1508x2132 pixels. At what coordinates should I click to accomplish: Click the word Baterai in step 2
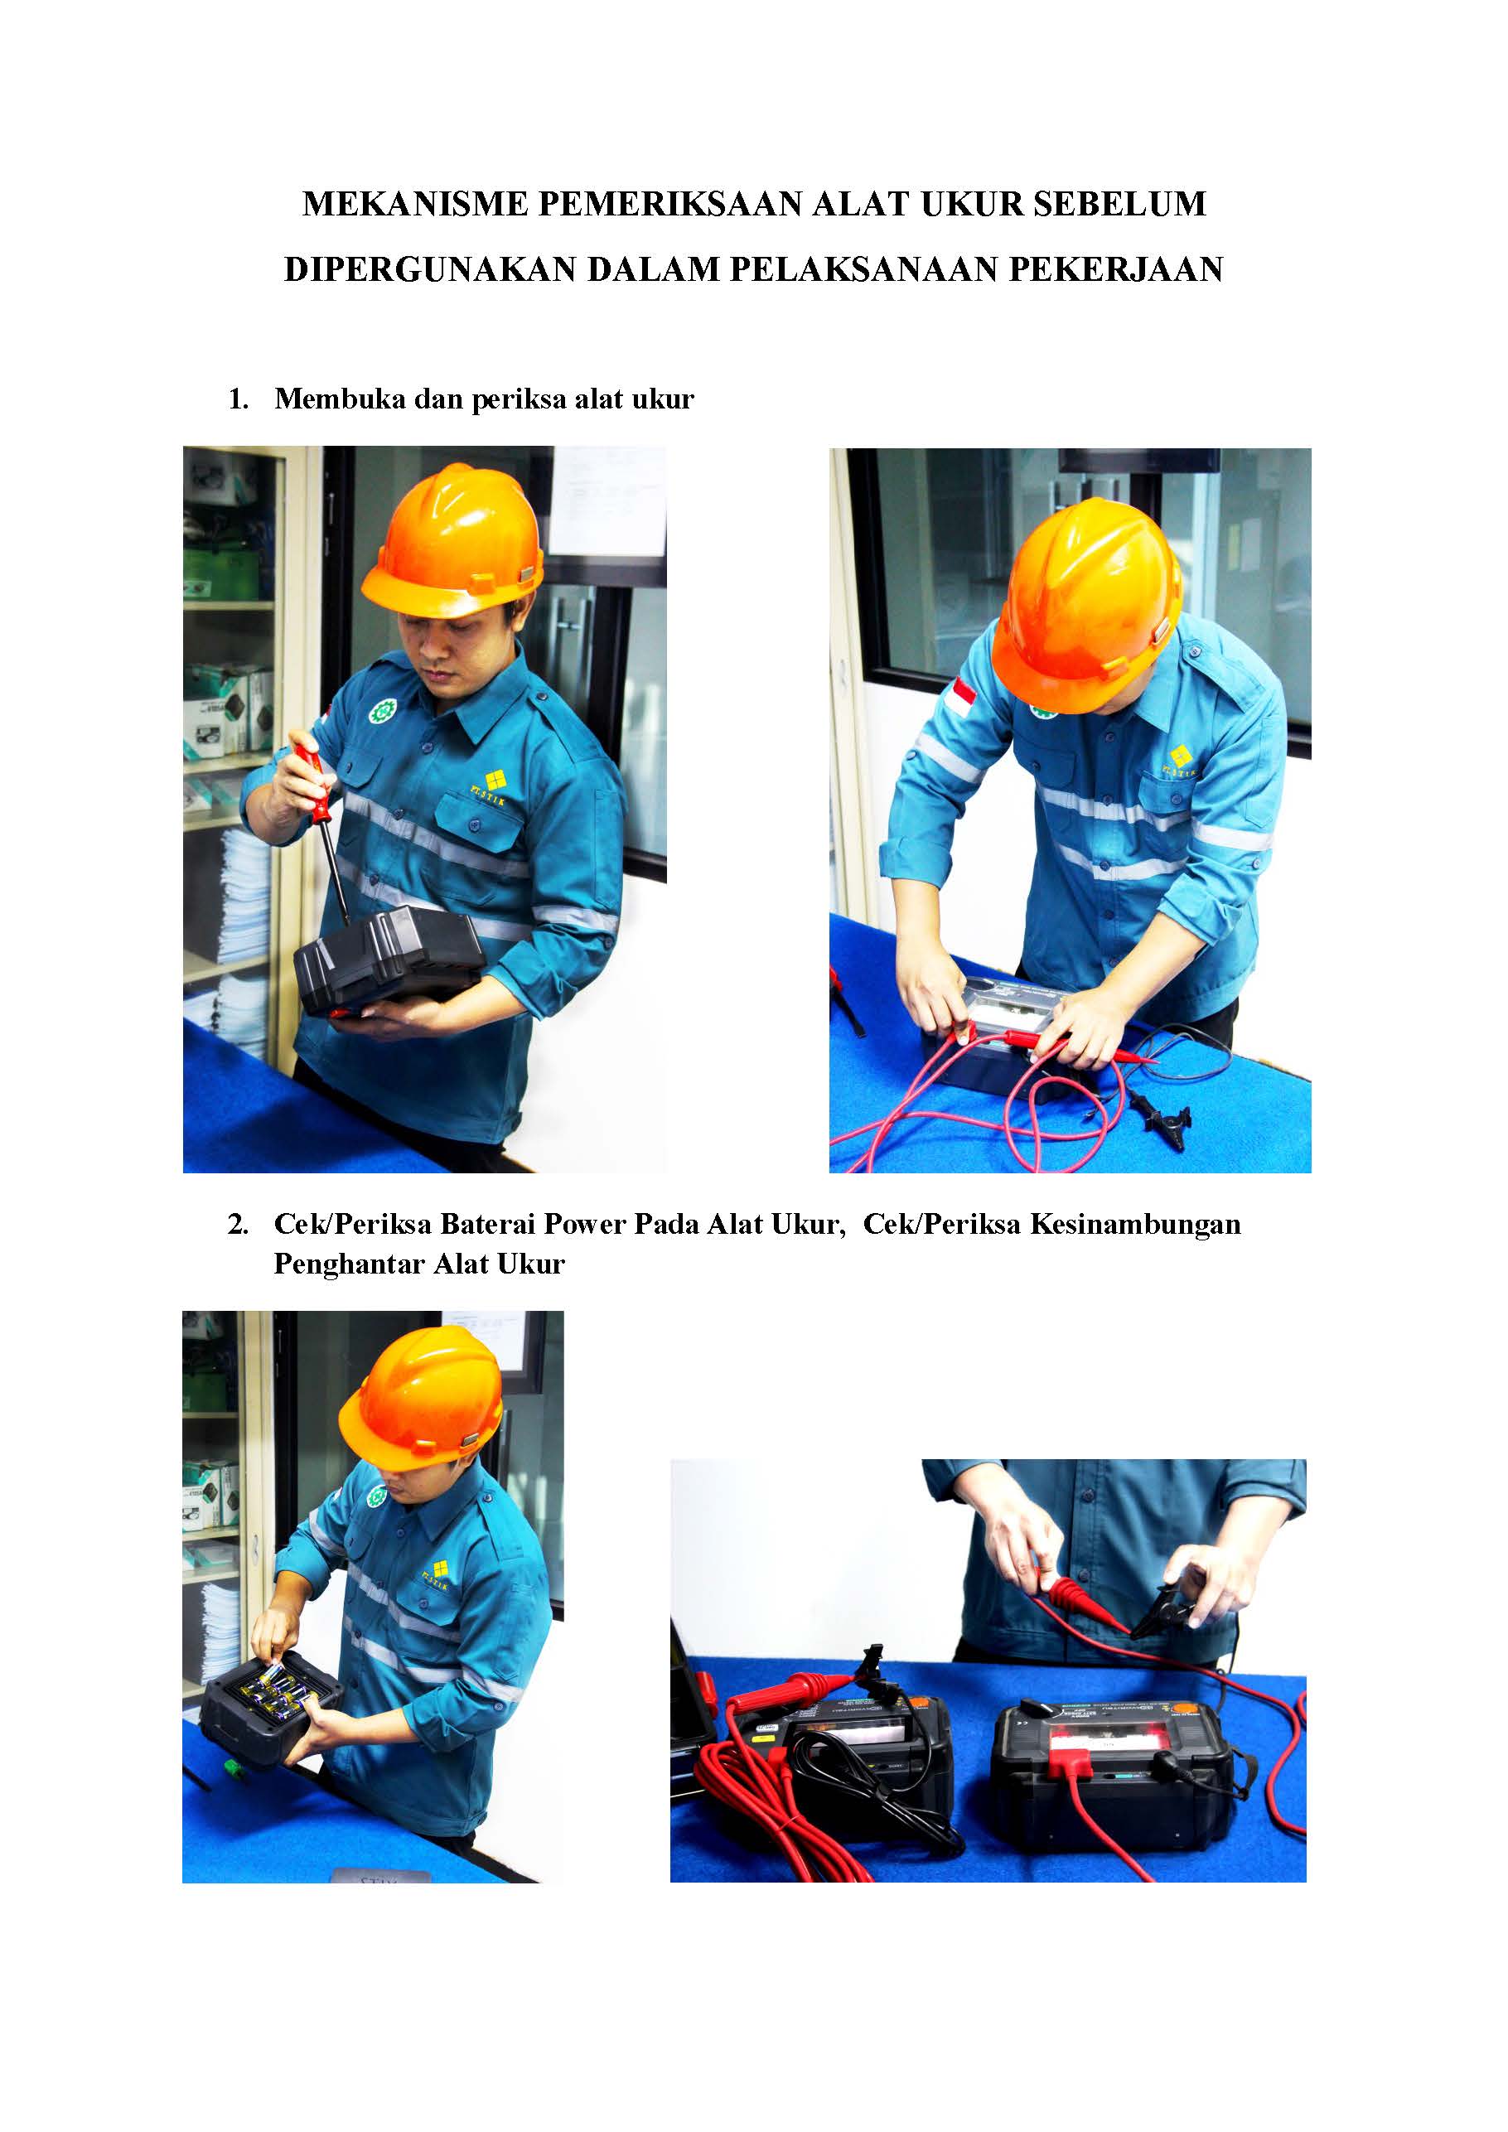(487, 1224)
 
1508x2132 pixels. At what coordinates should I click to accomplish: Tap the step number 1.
(238, 399)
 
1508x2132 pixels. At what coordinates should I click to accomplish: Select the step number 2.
(238, 1224)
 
